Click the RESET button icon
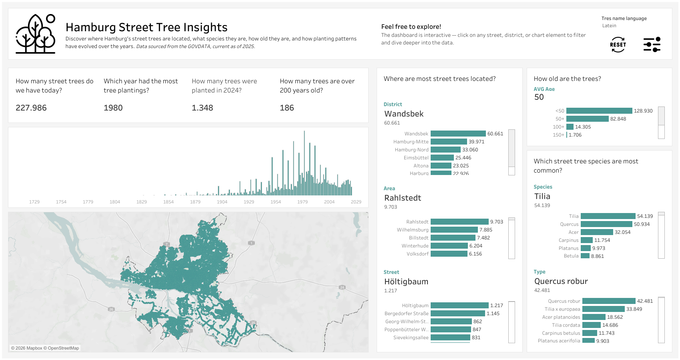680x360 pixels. (618, 45)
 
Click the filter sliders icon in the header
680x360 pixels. (652, 45)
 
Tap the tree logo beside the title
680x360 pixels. (36, 34)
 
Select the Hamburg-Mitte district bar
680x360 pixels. (449, 142)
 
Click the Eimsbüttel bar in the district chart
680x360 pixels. (442, 158)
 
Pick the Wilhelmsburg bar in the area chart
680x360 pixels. (454, 230)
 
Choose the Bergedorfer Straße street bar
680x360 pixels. (457, 314)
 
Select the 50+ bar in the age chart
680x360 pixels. (587, 119)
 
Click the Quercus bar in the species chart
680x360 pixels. (606, 224)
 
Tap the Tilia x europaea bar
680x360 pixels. (603, 309)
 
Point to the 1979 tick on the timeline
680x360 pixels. (303, 202)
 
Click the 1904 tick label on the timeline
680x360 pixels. (222, 202)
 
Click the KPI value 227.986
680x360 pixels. (31, 108)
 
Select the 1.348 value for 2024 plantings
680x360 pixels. (203, 108)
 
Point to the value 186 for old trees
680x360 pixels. (287, 108)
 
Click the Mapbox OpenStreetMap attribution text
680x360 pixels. (45, 348)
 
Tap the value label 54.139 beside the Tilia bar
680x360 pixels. (645, 216)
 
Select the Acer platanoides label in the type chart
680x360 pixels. (561, 317)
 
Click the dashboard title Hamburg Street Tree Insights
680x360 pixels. (146, 27)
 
